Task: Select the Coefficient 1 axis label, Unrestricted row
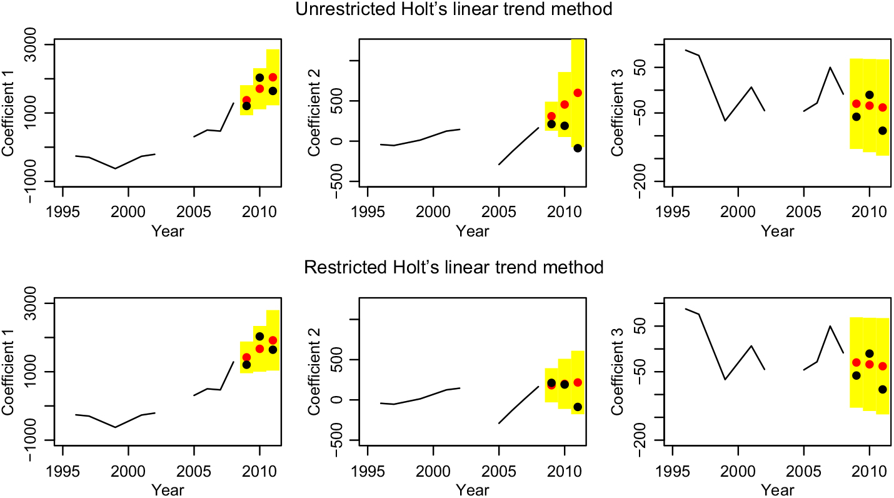point(8,113)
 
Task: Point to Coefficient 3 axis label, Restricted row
point(616,372)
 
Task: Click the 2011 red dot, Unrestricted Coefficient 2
point(578,93)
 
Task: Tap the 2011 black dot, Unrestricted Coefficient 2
point(578,148)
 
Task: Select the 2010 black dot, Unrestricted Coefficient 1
point(259,78)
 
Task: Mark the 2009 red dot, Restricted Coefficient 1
point(246,357)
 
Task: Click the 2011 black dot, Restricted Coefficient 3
point(883,389)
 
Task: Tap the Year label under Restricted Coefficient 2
point(464,489)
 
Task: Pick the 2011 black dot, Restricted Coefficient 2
point(578,407)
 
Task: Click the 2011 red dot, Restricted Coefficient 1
point(273,340)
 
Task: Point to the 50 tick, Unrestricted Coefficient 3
point(641,68)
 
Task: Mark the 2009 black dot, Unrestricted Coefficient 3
point(856,117)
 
